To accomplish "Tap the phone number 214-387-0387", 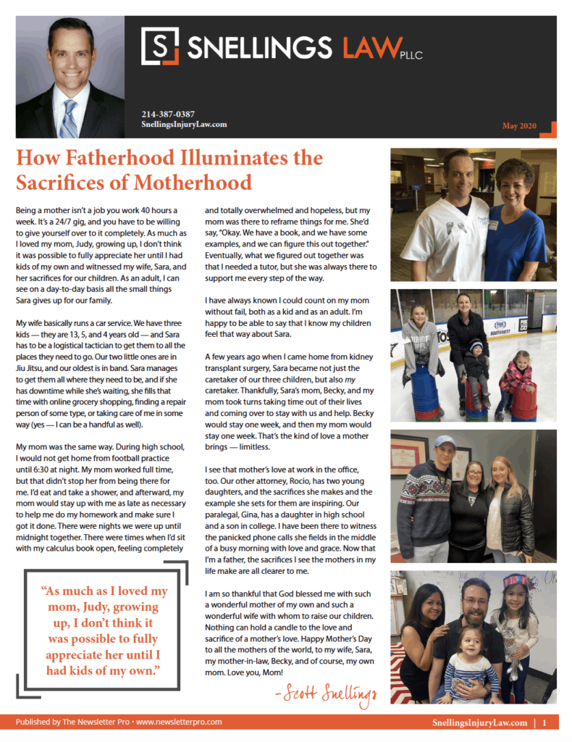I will (x=168, y=114).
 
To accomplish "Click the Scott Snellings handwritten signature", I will (x=327, y=695).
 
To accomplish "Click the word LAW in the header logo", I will (x=366, y=47).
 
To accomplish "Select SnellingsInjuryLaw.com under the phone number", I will (x=185, y=124).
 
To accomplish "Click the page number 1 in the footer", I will (x=544, y=722).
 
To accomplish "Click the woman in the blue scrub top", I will (x=515, y=217).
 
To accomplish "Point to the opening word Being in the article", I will (x=28, y=209).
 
